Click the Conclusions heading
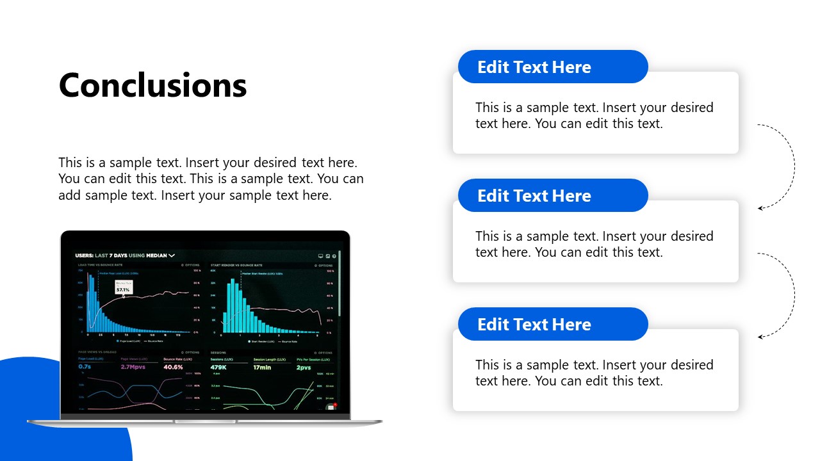tap(152, 85)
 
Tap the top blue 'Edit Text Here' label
tap(534, 67)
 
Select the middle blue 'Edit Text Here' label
tap(534, 196)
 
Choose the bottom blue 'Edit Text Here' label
tap(534, 325)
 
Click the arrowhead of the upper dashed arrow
tap(760, 208)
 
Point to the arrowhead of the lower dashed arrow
tap(760, 337)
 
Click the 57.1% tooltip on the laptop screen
tap(123, 289)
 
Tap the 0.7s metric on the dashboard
tap(85, 367)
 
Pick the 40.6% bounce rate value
tap(173, 367)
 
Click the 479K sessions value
tap(218, 368)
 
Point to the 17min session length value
tap(262, 368)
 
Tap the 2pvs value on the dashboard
tap(303, 368)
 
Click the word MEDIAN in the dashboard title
tap(156, 255)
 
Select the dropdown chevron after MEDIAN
tap(172, 255)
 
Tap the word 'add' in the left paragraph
tap(70, 195)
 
